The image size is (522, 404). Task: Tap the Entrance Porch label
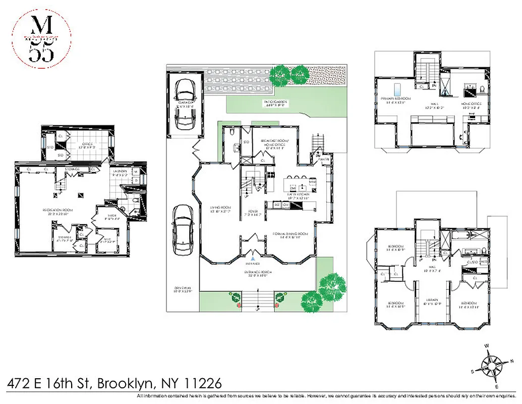pyautogui.click(x=259, y=272)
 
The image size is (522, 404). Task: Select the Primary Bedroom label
pyautogui.click(x=396, y=98)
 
